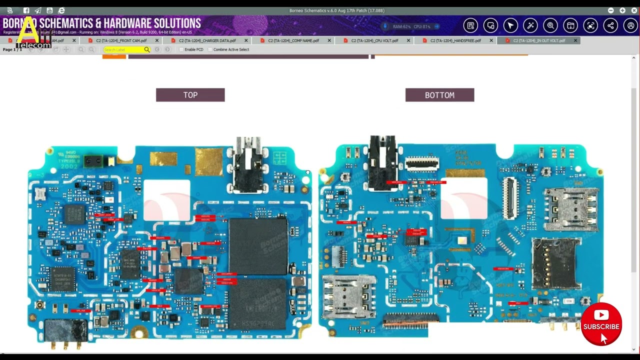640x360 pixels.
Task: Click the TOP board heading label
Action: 190,95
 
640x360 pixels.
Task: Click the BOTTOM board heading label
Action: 439,95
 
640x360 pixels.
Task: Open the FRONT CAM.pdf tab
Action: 121,40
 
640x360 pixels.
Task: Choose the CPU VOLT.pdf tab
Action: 374,40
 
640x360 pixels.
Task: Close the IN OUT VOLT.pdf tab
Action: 575,40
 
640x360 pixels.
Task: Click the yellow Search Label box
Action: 123,49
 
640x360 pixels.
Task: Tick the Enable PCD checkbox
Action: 181,49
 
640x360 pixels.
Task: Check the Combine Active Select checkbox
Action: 210,49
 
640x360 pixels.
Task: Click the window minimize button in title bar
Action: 611,10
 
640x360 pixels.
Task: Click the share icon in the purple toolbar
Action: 610,25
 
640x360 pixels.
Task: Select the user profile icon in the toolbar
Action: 630,25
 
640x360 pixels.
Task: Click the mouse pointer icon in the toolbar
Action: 510,25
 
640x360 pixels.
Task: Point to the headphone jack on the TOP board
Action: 248,165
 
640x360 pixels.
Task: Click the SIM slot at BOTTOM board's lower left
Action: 348,296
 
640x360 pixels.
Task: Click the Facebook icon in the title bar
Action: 26,10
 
